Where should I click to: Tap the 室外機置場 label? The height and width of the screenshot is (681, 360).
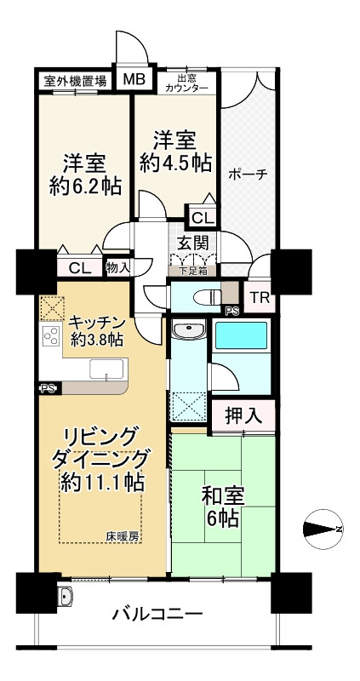75,81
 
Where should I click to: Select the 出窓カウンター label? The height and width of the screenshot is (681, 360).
186,83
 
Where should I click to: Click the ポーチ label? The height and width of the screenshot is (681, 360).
247,175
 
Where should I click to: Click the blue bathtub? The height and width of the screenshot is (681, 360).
241,335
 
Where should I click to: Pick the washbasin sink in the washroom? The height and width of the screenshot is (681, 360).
188,330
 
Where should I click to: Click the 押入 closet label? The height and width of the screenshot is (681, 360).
243,415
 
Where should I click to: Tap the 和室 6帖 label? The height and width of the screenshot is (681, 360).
222,506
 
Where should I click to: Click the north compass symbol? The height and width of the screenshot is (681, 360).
323,529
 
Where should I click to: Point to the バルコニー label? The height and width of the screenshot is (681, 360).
157,614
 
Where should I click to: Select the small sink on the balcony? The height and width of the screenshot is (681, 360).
65,597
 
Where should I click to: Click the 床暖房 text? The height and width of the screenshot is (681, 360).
123,536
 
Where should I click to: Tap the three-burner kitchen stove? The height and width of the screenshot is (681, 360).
51,335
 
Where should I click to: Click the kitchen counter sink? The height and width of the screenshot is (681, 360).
106,369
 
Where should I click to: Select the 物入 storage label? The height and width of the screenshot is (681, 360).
117,268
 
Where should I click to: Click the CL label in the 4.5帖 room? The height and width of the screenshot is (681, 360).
201,218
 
